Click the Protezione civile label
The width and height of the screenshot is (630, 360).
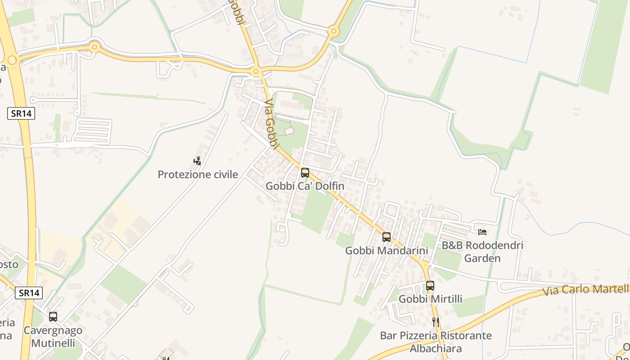[x=198, y=175]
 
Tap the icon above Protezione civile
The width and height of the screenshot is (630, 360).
[x=197, y=161]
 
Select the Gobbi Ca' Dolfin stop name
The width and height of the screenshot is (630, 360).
[x=305, y=186]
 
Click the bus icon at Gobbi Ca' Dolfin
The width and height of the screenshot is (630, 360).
[x=305, y=172]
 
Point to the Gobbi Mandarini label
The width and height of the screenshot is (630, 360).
[x=386, y=251]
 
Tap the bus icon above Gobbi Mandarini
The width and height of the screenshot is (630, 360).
[x=387, y=237]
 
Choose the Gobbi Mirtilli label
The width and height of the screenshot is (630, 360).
[x=430, y=299]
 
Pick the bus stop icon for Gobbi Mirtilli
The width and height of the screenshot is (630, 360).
[x=430, y=286]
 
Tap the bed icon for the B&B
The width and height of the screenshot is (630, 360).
[x=482, y=232]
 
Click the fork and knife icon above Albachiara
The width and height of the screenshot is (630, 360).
[x=436, y=322]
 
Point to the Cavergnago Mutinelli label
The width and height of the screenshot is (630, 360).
[x=53, y=336]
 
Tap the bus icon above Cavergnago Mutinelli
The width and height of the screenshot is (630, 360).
[x=53, y=317]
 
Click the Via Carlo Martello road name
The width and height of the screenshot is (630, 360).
[x=585, y=290]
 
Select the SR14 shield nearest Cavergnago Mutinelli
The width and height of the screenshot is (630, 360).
[x=29, y=293]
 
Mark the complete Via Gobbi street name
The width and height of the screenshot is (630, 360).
[x=270, y=122]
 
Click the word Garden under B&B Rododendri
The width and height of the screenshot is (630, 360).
[x=482, y=259]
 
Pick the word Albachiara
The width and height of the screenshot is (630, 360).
[x=435, y=349]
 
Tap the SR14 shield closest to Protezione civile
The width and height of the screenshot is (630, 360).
[x=21, y=113]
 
